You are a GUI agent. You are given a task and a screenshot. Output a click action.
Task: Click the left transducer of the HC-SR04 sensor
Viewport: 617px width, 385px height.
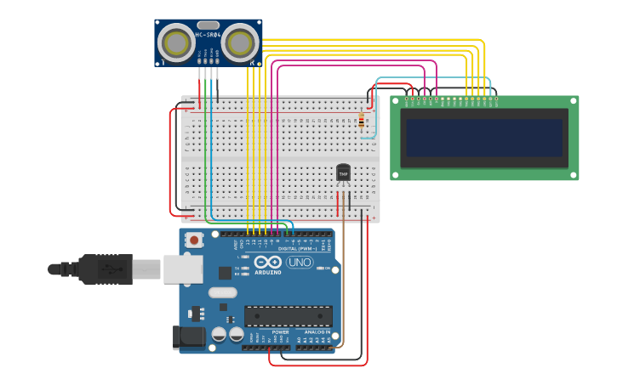[177, 42]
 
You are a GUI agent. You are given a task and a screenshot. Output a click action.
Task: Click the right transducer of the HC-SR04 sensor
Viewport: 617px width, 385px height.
[240, 42]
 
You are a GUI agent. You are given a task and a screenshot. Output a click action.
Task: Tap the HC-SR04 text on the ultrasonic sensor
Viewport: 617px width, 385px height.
[209, 35]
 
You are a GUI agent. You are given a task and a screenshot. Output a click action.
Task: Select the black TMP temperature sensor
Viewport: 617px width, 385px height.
[343, 173]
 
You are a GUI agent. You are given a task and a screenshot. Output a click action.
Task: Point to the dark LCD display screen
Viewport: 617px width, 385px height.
[484, 137]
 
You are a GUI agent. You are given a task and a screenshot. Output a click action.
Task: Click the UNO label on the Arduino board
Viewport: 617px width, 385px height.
[300, 262]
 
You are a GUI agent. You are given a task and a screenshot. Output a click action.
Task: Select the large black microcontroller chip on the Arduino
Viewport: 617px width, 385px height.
[289, 316]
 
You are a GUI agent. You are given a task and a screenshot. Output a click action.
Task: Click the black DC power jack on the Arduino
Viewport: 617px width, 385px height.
[188, 337]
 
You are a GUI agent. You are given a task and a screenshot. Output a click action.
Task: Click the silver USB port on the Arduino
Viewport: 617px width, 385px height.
[182, 269]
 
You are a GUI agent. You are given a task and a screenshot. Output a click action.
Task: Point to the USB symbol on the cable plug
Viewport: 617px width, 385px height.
[108, 269]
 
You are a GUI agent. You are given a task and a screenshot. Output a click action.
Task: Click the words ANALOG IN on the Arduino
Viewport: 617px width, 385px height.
[313, 332]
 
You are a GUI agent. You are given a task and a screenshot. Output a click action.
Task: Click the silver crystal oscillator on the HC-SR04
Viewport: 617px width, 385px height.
[209, 25]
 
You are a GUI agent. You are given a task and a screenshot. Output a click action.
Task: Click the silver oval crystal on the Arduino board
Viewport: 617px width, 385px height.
[222, 292]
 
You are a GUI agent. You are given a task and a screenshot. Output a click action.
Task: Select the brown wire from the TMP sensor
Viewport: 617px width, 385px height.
[344, 272]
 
